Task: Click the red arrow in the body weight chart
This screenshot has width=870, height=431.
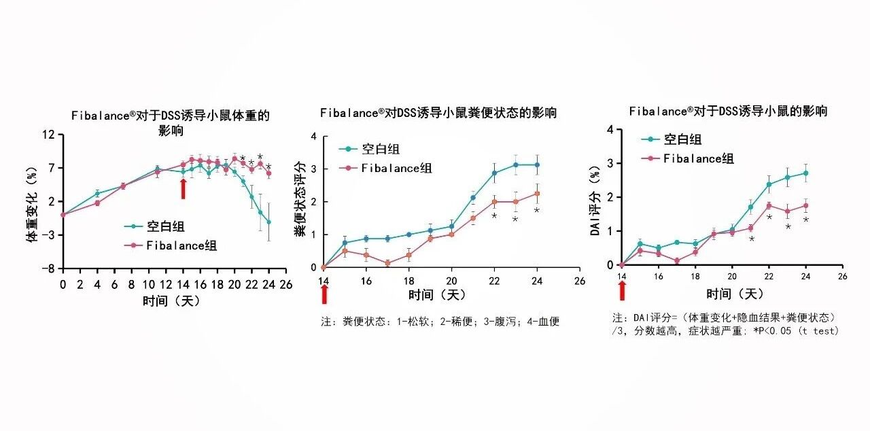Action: point(183,188)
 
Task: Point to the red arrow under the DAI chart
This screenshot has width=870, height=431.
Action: point(622,290)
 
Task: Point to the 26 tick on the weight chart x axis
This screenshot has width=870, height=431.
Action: point(286,283)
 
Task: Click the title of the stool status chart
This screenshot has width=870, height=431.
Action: point(438,113)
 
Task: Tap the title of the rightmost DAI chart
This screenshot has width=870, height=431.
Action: point(728,111)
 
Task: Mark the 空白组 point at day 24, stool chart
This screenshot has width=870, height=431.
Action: point(537,165)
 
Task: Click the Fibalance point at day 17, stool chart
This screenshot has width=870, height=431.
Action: point(387,263)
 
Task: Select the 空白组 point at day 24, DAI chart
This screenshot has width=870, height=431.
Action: point(805,173)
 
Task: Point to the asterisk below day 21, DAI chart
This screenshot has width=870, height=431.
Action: point(751,239)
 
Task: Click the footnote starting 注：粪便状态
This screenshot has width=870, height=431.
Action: point(440,322)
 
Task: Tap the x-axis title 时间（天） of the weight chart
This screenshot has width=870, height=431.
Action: point(171,300)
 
